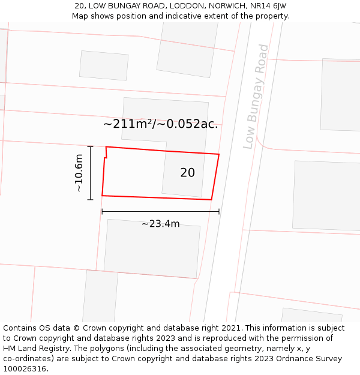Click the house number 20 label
[x=187, y=173]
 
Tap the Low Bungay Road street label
[x=256, y=97]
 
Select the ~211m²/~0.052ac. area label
[x=161, y=124]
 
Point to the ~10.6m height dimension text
[x=79, y=173]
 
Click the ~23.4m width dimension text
[x=160, y=224]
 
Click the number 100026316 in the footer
[x=25, y=368]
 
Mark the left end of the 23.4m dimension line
[x=102, y=211]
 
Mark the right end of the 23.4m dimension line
[x=219, y=211]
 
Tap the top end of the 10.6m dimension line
[x=90, y=146]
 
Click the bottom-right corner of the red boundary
[x=211, y=200]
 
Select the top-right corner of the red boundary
[x=219, y=154]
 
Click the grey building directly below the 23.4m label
[x=151, y=249]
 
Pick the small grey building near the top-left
[x=104, y=65]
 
